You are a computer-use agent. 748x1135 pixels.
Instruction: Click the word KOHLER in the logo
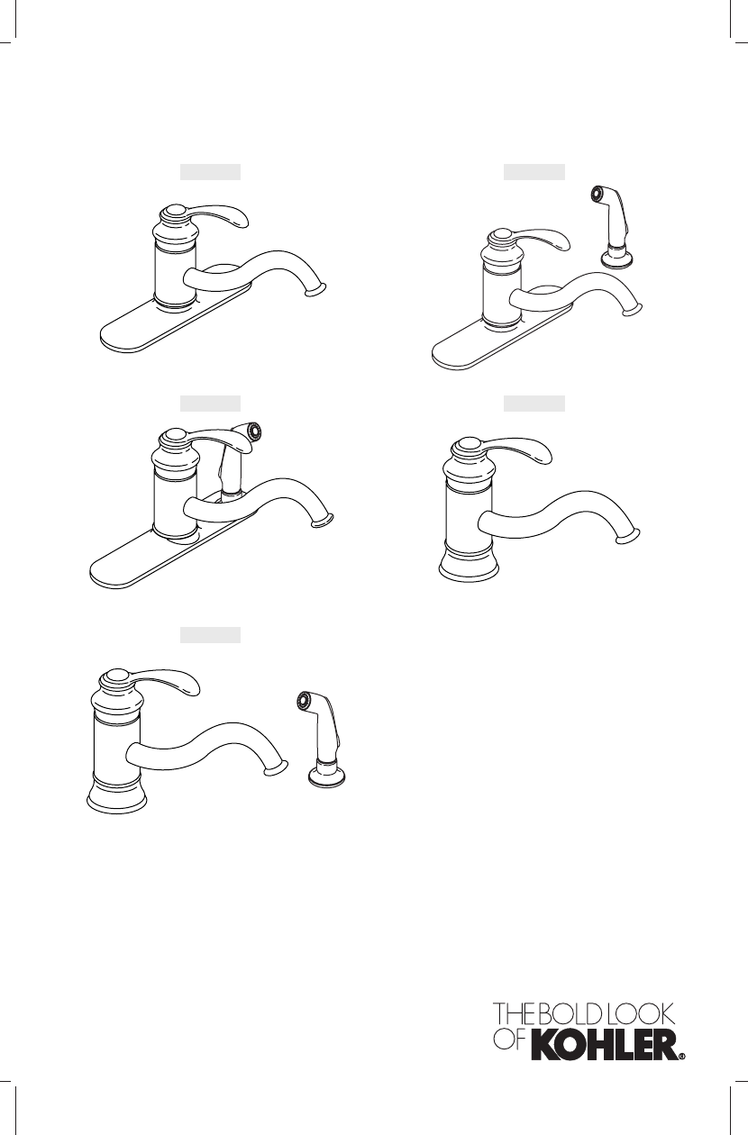click(604, 1045)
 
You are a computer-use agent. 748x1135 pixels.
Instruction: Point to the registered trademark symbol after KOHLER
click(682, 1057)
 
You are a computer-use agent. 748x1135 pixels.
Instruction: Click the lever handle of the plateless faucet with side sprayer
click(163, 682)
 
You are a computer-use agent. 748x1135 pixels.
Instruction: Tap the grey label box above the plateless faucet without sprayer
click(534, 404)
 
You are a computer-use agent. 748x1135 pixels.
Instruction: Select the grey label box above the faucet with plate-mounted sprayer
click(210, 404)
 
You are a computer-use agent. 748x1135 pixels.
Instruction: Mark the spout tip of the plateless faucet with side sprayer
click(276, 768)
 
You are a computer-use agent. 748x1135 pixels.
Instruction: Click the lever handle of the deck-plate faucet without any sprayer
click(216, 216)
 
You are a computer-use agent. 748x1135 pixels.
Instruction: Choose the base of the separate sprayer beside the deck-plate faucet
click(616, 257)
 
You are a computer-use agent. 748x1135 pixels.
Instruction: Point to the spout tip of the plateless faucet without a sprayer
click(628, 537)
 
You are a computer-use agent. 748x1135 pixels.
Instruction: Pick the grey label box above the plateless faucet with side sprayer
click(210, 635)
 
